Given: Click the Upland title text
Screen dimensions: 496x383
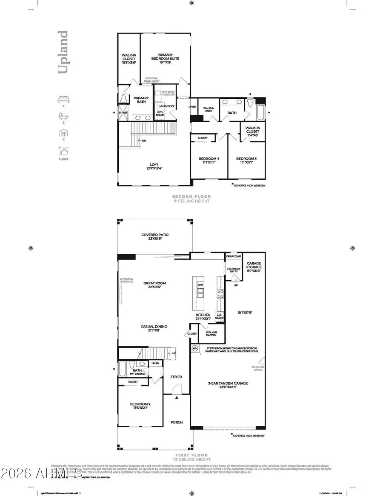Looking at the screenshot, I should (x=63, y=52).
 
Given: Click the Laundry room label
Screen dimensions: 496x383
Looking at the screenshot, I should (x=167, y=106).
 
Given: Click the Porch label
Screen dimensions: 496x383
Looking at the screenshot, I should (x=177, y=422).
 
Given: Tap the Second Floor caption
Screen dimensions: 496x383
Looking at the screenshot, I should (x=191, y=197).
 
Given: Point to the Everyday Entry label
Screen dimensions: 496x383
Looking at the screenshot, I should (x=234, y=270).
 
